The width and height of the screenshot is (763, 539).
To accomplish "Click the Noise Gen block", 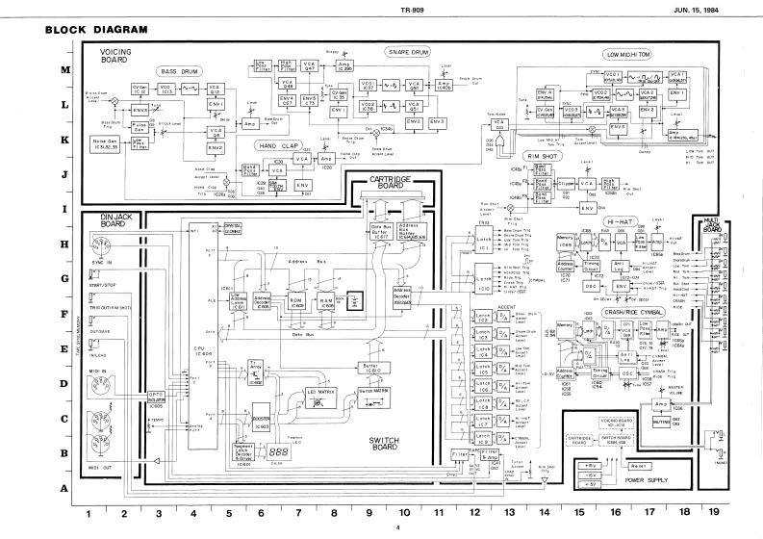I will click(x=103, y=141).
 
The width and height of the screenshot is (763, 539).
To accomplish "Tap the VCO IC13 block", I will click(x=166, y=90).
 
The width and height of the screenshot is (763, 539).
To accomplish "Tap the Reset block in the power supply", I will click(x=637, y=465).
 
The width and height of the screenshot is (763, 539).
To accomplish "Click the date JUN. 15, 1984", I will click(x=709, y=10).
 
